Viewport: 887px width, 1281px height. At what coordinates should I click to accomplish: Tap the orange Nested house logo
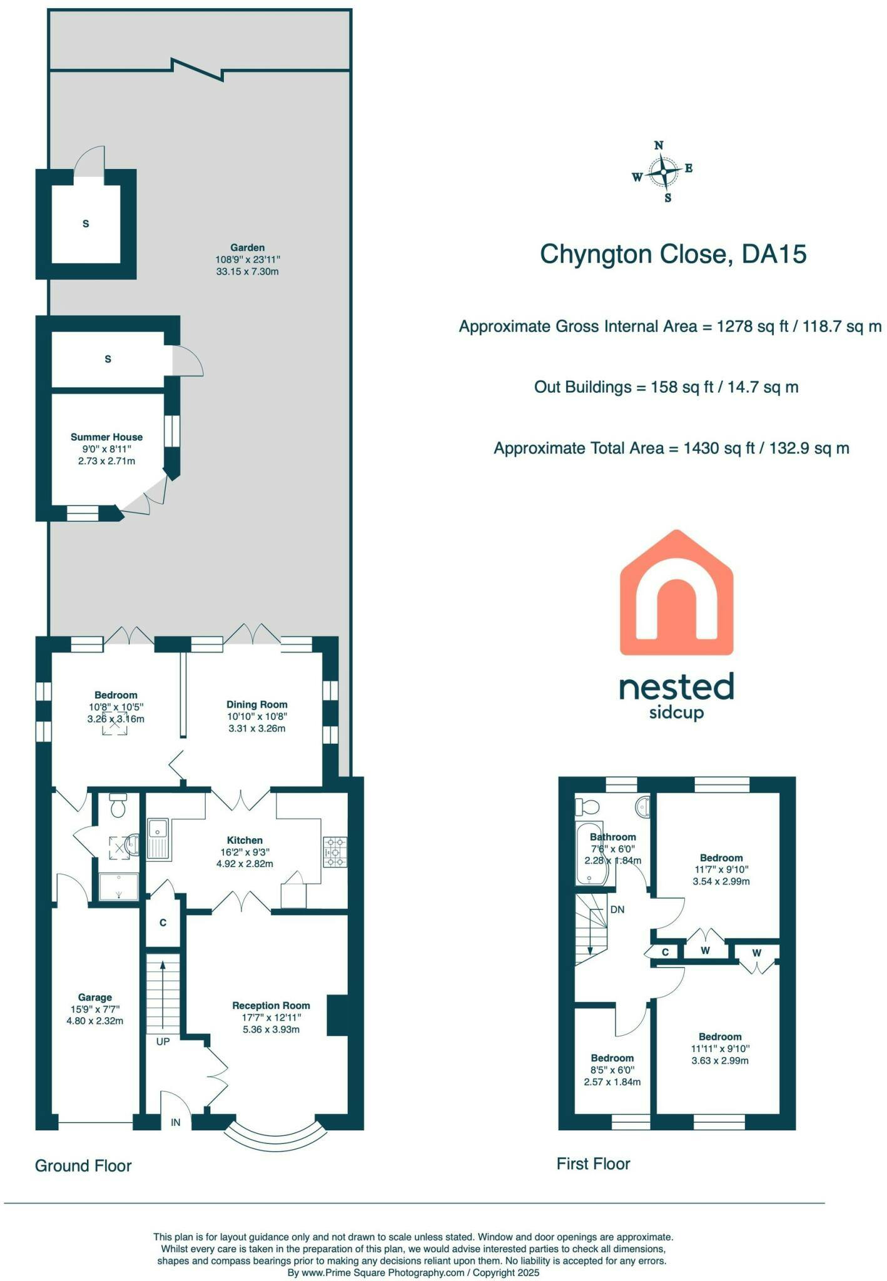tap(676, 592)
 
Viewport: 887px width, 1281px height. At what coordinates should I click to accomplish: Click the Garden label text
tap(247, 248)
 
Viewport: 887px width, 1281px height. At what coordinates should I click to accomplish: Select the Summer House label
tap(106, 437)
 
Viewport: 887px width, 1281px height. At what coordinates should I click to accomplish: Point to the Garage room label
tap(95, 997)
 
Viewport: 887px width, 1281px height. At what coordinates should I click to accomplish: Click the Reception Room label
tap(271, 1005)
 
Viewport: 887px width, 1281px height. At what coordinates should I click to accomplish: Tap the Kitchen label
tap(245, 840)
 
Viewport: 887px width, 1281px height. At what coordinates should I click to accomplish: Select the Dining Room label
tap(256, 704)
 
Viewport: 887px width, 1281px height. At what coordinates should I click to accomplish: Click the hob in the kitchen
tap(335, 851)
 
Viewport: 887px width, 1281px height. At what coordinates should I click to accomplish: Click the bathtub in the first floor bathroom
tap(589, 853)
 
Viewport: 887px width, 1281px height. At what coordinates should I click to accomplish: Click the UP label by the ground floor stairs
tap(163, 1041)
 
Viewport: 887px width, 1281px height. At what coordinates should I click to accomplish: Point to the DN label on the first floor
tap(617, 909)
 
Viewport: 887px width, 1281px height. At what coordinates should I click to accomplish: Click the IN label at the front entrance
tap(176, 1122)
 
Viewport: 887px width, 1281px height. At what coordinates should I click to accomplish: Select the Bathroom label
tap(612, 837)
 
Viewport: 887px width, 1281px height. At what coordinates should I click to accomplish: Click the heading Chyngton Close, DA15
tap(673, 254)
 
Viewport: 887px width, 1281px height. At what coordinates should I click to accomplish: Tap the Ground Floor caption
tap(83, 1165)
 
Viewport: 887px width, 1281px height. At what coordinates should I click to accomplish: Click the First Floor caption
tap(594, 1163)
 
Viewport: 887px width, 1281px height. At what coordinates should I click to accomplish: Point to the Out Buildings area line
tap(666, 387)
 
